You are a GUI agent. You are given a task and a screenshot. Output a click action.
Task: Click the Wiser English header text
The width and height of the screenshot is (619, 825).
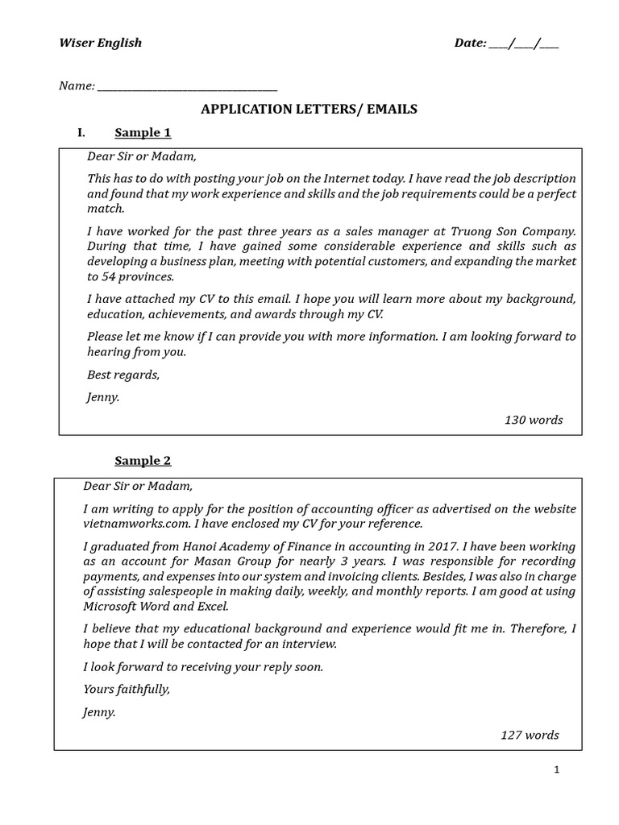tap(100, 43)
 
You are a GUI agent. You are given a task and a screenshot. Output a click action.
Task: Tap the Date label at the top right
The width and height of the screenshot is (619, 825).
tap(470, 43)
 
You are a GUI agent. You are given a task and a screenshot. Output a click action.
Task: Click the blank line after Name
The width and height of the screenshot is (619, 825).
tap(187, 87)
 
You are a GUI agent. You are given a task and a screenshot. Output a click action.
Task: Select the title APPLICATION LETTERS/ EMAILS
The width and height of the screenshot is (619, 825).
tap(309, 110)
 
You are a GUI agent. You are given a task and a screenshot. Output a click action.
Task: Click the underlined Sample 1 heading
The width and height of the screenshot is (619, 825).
tap(143, 133)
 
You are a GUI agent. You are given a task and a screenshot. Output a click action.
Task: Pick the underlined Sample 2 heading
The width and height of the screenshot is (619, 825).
tap(143, 461)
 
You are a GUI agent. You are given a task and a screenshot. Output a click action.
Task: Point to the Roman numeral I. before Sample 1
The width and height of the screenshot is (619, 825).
tap(81, 133)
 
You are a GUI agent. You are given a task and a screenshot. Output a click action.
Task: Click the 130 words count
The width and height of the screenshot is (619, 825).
tap(533, 420)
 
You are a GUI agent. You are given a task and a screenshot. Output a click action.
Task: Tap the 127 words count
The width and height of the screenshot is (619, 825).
tap(529, 735)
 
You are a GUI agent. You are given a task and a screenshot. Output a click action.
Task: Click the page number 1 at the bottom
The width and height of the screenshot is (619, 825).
tap(556, 770)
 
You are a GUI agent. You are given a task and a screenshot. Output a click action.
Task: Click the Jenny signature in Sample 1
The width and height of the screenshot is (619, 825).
tap(103, 397)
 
